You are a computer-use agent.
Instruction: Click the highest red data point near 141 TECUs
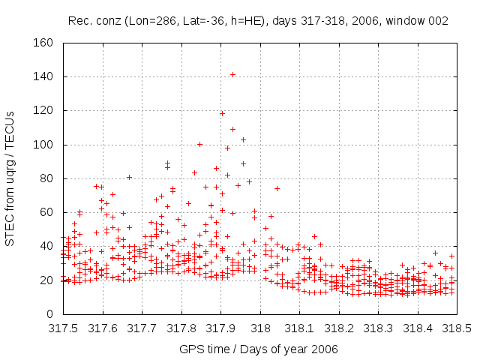pyautogui.click(x=232, y=74)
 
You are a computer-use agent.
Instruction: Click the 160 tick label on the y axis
pyautogui.click(x=43, y=43)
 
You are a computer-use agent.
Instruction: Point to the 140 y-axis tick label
pyautogui.click(x=43, y=76)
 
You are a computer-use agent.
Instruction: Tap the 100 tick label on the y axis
pyautogui.click(x=43, y=145)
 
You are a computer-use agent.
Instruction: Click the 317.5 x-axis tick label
pyautogui.click(x=64, y=328)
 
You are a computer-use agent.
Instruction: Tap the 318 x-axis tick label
pyautogui.click(x=260, y=328)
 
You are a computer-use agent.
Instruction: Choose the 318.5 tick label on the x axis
pyautogui.click(x=457, y=328)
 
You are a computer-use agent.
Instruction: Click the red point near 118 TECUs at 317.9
pyautogui.click(x=222, y=113)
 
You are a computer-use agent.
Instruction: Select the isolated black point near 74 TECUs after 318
pyautogui.click(x=277, y=188)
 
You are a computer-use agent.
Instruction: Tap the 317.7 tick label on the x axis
pyautogui.click(x=142, y=328)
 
